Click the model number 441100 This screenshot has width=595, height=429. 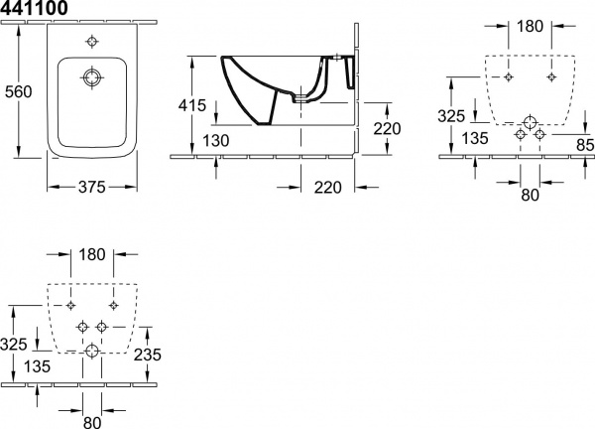pos(34,8)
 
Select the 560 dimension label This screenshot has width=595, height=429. pos(18,91)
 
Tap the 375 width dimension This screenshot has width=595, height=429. pos(92,187)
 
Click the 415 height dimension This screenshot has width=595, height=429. pos(192,105)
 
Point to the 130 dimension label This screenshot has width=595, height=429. pos(215,141)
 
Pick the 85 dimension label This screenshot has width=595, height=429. pos(585,145)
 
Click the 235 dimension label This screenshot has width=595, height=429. pos(148,355)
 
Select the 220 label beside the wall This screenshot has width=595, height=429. pos(387,129)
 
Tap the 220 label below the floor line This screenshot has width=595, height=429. pos(328,188)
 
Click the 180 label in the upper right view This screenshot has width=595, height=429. pos(530,26)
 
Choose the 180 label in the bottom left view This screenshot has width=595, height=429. pos(92,254)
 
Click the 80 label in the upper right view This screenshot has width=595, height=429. pos(531,195)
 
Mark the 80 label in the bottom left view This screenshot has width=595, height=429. pos(92,422)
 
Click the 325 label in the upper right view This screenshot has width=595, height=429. pos(451,116)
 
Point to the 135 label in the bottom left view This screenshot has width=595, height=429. pos(37,366)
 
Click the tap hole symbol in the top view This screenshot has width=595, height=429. pos(92,42)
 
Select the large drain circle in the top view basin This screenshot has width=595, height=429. pos(92,77)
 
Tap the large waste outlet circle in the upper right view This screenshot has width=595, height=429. pos(530,122)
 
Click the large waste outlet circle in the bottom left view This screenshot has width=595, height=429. pos(92,351)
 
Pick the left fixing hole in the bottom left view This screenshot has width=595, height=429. pos(70,305)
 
